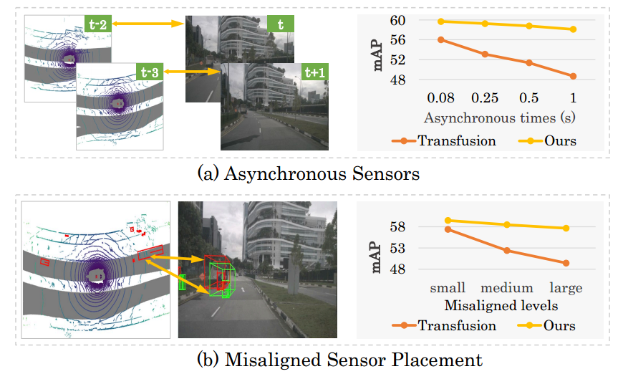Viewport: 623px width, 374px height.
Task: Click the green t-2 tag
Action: [97, 24]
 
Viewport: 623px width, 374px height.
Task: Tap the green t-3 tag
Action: [149, 72]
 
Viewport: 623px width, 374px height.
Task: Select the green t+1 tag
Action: [313, 72]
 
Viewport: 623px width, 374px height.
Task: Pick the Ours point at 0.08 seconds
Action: [441, 21]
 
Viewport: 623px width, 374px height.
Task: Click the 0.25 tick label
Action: [485, 97]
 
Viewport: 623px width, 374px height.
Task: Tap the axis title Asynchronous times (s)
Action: [501, 116]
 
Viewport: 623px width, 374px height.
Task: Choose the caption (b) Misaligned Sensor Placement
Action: [309, 359]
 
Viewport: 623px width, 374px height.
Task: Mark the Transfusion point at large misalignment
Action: [566, 263]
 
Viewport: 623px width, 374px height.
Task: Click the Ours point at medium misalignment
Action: [507, 225]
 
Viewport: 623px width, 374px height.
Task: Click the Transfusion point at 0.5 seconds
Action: [529, 63]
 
